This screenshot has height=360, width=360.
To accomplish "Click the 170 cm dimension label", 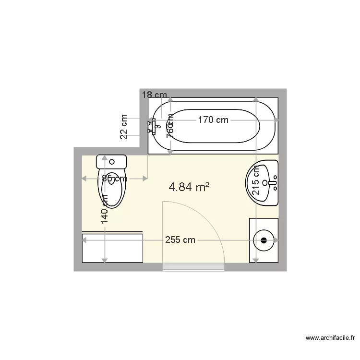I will tap(213, 120).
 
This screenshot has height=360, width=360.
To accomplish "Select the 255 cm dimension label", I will tap(180, 240).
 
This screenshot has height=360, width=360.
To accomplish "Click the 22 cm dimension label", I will tap(124, 127).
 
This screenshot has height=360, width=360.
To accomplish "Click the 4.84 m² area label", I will tap(189, 187).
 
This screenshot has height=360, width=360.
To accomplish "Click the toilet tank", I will tap(111, 161).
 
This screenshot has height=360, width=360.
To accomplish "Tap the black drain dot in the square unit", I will tap(264, 240).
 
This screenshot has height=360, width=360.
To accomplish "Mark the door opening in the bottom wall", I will tap(194, 267).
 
